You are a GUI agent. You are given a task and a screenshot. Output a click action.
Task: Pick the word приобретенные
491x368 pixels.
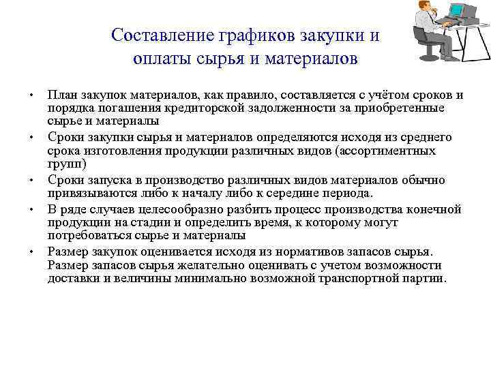click(x=401, y=108)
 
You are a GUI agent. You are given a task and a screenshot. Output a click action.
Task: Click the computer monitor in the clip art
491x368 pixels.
click(x=464, y=12)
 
